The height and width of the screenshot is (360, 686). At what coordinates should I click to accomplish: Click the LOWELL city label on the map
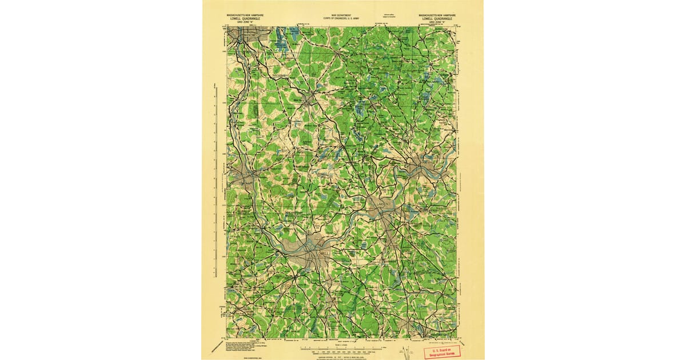coord(323,252)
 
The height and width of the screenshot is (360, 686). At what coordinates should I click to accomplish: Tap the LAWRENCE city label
coord(383,204)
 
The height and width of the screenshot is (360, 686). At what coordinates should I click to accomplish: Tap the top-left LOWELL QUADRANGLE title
coord(242,18)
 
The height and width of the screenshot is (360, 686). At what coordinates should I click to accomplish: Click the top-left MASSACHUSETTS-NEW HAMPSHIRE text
coord(242,14)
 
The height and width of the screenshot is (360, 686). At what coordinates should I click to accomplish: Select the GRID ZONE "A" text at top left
coord(242,21)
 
